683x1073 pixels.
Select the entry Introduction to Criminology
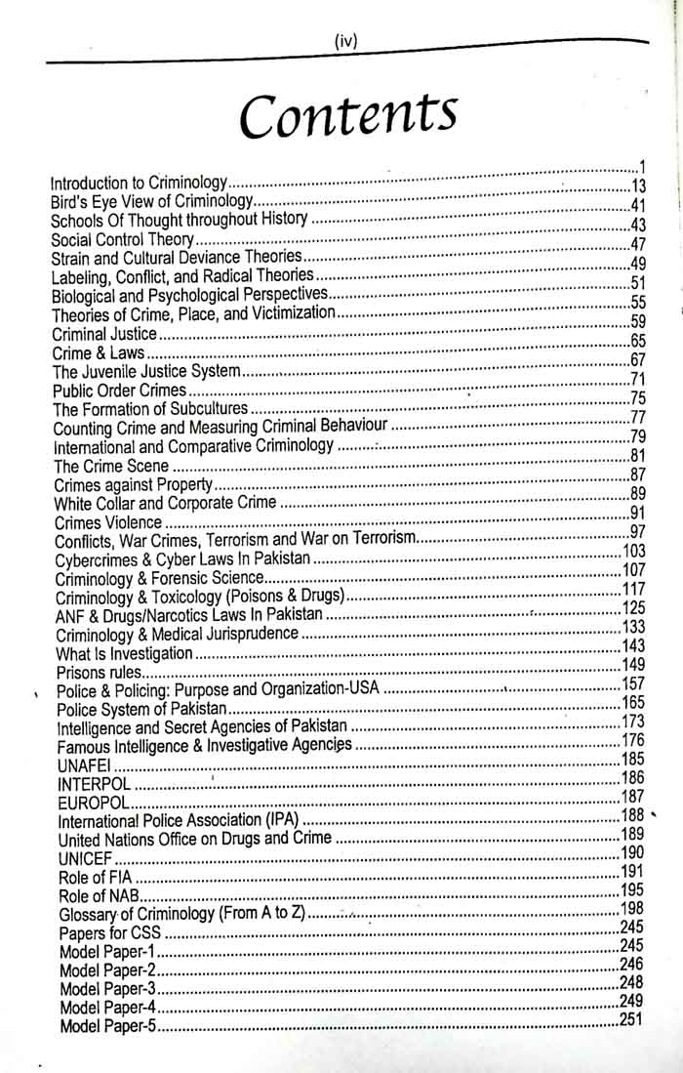(x=139, y=183)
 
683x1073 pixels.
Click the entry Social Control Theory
(x=123, y=239)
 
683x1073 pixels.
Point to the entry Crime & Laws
(x=99, y=352)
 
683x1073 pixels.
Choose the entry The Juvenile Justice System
(x=146, y=371)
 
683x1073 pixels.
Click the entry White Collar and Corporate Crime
(x=166, y=504)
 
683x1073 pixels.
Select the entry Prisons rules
(x=99, y=673)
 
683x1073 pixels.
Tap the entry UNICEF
(x=87, y=858)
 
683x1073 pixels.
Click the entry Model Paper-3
(x=108, y=989)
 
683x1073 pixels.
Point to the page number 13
(x=639, y=186)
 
